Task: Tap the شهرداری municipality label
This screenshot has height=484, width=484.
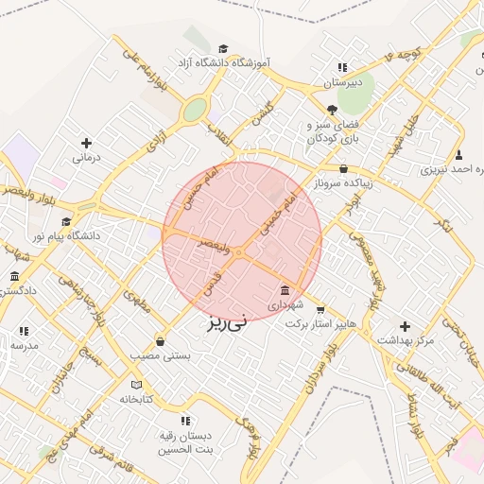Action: coord(285,305)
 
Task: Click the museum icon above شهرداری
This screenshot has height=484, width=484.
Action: coord(285,290)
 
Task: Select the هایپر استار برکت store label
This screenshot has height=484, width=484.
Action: coord(322,323)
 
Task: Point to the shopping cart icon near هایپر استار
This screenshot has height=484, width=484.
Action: coord(322,308)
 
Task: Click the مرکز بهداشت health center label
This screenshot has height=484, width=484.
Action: coord(405,340)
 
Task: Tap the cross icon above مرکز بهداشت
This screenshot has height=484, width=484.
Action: coord(405,325)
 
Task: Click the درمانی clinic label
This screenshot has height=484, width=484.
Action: coord(86,158)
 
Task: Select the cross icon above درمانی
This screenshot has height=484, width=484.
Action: coord(86,143)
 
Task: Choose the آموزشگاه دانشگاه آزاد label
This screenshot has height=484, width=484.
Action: coord(223,62)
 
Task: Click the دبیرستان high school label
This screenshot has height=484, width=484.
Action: coord(342,83)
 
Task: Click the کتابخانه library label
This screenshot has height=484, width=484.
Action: coord(136,399)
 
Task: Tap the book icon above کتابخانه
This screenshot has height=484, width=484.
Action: coord(136,385)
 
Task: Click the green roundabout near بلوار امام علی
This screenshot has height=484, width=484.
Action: coord(195,111)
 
